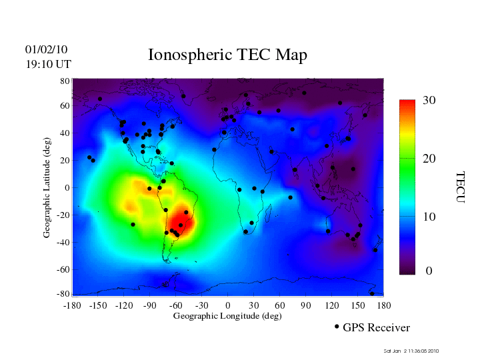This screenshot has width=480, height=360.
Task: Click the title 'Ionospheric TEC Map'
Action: [x=227, y=55]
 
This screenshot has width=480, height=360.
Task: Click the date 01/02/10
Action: [x=46, y=49]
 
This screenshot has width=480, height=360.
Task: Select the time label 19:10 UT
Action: [x=49, y=64]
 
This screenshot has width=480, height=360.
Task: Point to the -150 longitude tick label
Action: [x=98, y=305]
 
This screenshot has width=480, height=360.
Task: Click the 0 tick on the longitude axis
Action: [x=228, y=305]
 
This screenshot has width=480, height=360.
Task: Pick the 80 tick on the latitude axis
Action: [x=65, y=81]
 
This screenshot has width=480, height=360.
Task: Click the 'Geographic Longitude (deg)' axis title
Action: [x=227, y=316]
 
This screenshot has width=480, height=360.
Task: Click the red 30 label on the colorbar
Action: [x=429, y=100]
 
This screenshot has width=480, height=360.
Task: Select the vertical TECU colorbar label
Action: [x=460, y=187]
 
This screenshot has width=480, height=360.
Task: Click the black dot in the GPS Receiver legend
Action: [x=337, y=327]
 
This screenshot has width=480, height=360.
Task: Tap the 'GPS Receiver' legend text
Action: [x=376, y=327]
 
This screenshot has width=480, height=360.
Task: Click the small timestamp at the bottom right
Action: [x=411, y=351]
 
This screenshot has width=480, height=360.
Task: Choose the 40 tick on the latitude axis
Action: [x=65, y=133]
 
